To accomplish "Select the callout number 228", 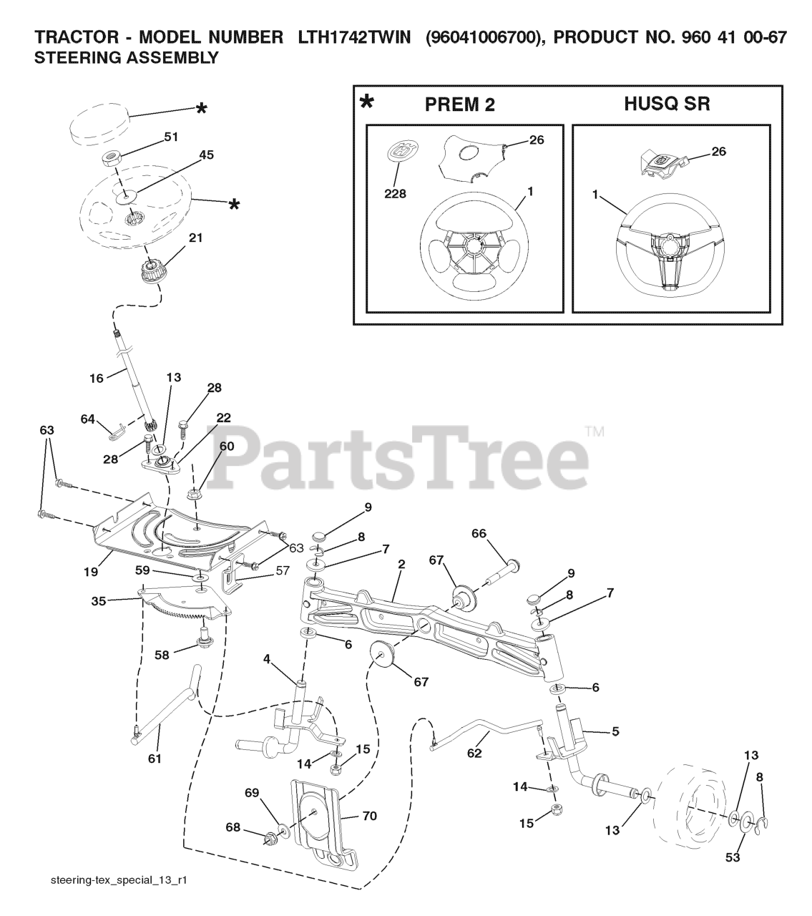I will click(394, 193).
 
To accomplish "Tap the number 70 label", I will click(370, 815).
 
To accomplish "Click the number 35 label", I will click(99, 601).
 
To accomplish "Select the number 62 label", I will click(474, 754).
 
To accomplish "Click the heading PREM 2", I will click(459, 104).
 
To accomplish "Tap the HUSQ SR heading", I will click(667, 104).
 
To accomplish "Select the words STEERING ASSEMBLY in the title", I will click(127, 59).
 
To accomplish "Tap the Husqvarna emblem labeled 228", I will click(401, 155).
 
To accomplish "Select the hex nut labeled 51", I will click(113, 157).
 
